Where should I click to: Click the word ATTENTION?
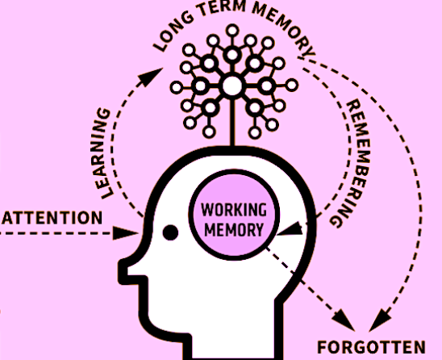(x=52, y=218)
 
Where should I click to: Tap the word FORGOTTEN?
(x=371, y=347)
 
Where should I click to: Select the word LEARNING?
(x=102, y=153)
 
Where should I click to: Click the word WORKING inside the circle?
(x=234, y=210)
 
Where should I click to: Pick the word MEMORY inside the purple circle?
(x=234, y=230)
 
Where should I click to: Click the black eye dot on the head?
(x=170, y=232)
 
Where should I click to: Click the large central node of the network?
(x=232, y=86)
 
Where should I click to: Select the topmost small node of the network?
(x=232, y=31)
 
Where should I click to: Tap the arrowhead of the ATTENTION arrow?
(x=126, y=233)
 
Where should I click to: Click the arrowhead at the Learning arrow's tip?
(x=151, y=76)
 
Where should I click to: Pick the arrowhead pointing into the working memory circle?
(x=290, y=229)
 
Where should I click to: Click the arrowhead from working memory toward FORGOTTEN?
(x=344, y=320)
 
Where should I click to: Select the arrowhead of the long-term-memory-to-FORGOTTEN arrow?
(x=380, y=320)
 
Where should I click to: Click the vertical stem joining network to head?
(x=232, y=121)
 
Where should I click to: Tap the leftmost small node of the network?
(x=177, y=87)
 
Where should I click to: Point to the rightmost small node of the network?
(x=292, y=86)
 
